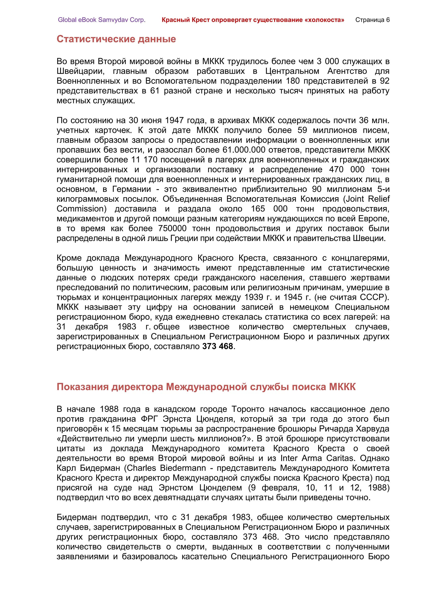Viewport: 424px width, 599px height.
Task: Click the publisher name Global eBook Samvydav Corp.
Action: [102, 20]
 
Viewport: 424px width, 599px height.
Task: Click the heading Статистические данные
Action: [116, 39]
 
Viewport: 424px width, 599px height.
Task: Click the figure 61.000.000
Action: [244, 150]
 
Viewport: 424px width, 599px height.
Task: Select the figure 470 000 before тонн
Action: [346, 170]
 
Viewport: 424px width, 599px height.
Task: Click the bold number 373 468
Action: [217, 346]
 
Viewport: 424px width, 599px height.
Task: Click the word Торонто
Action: [248, 409]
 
